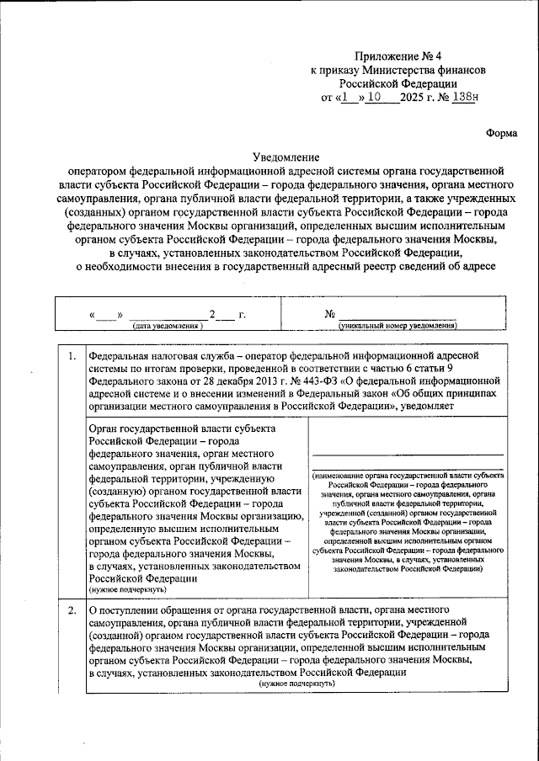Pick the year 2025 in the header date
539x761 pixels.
pos(413,97)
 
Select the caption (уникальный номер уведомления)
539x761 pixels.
pos(397,325)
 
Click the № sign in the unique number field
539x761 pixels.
pos(331,314)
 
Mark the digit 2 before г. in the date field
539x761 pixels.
pos(213,315)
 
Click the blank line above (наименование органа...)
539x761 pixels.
pos(407,455)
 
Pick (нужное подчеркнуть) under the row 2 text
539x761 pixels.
pos(296,684)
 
